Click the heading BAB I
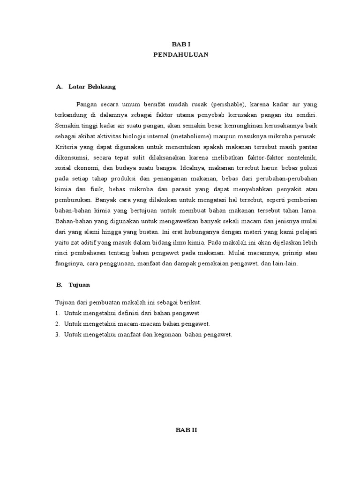pyautogui.click(x=180, y=44)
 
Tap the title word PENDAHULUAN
pyautogui.click(x=180, y=55)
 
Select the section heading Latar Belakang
pyautogui.click(x=92, y=87)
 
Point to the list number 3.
pyautogui.click(x=57, y=335)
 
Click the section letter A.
pyautogui.click(x=59, y=87)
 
